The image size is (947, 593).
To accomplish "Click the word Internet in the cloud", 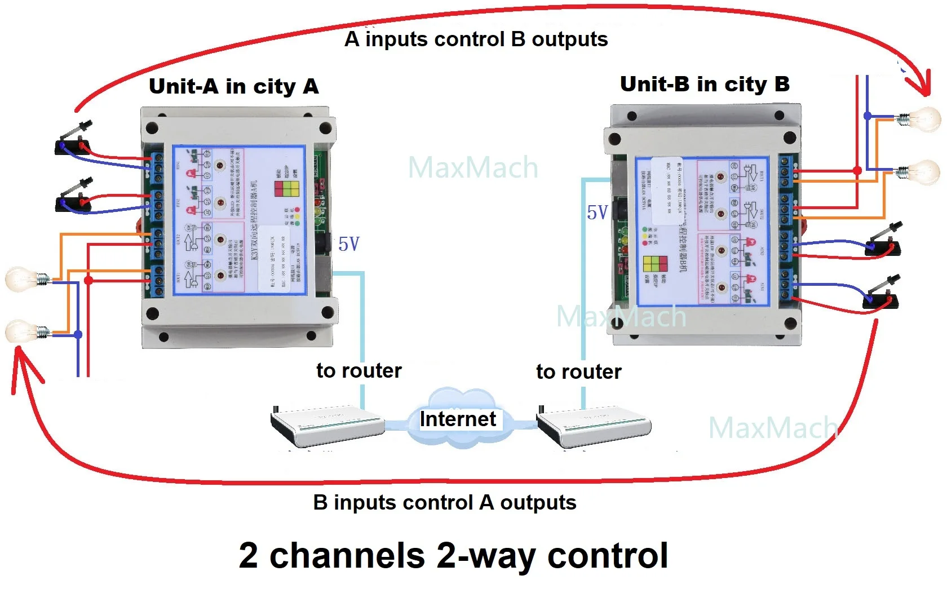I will click(458, 419).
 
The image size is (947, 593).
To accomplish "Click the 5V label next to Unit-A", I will click(348, 244).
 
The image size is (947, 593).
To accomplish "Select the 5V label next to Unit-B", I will click(597, 213).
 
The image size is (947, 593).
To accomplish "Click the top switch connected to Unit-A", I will click(74, 141).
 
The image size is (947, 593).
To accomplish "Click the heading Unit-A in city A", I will click(233, 86).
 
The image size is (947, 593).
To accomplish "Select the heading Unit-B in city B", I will click(704, 84).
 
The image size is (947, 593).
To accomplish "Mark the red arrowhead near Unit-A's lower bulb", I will click(23, 364).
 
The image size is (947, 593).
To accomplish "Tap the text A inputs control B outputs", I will click(476, 39).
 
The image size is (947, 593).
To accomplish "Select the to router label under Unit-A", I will click(359, 370).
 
